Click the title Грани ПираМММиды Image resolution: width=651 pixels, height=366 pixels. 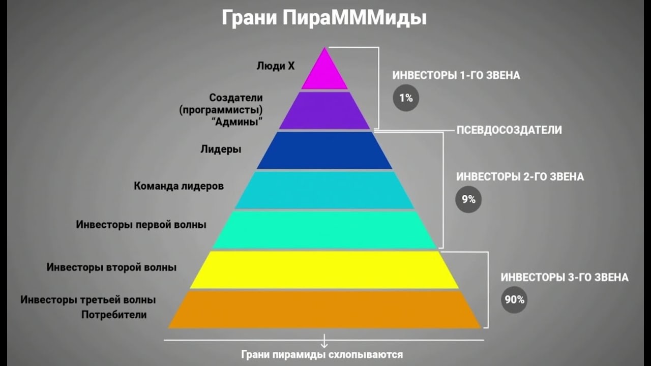click(324, 18)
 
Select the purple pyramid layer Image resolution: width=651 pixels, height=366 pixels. click(324, 110)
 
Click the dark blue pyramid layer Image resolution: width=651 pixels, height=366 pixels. click(324, 150)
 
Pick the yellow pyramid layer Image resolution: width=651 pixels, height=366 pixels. click(324, 269)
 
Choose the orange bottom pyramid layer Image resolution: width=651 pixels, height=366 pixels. click(324, 309)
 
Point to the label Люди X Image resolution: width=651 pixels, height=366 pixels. click(276, 66)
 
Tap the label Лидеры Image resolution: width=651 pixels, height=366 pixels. click(221, 149)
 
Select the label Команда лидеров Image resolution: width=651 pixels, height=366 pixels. click(179, 186)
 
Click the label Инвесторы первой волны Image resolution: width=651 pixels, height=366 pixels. click(141, 224)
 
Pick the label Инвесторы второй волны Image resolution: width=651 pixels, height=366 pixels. click(111, 267)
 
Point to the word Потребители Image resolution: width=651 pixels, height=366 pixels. click(114, 315)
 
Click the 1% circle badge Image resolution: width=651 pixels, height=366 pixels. click(405, 98)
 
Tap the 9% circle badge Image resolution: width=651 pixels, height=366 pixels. click(468, 199)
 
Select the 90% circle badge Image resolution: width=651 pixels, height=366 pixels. click(514, 299)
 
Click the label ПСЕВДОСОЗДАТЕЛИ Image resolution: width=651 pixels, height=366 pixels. click(509, 130)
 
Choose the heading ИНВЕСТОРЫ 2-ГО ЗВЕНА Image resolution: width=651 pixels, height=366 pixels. click(520, 177)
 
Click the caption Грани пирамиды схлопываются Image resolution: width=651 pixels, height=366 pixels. click(321, 354)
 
